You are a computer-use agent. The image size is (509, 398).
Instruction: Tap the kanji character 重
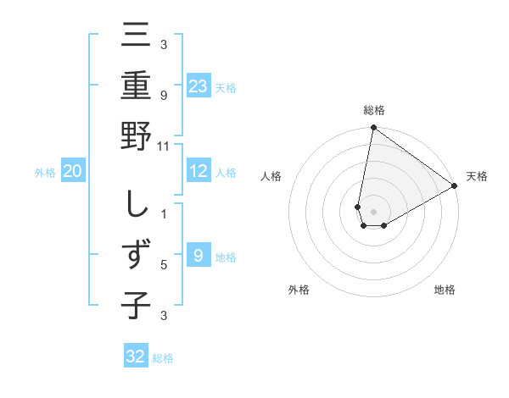tap(136, 87)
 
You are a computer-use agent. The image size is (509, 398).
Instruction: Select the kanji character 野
tap(136, 138)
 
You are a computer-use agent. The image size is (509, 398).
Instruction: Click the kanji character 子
tap(136, 306)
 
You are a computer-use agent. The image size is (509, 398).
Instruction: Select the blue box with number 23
tap(199, 86)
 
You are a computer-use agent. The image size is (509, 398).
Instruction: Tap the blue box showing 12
tap(199, 171)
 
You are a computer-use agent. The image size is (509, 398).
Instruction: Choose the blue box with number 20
tap(72, 172)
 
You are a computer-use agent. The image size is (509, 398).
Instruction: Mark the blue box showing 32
tap(136, 357)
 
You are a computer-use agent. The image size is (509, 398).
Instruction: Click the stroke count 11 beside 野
tap(165, 146)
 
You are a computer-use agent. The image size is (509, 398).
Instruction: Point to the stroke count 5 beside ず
tap(165, 265)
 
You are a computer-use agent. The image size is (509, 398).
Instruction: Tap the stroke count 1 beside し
tap(165, 213)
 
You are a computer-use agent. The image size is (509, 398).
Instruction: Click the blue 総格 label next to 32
tap(163, 358)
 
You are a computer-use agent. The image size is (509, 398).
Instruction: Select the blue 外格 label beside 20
tap(45, 173)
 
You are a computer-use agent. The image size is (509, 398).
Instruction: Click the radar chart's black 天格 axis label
tap(477, 176)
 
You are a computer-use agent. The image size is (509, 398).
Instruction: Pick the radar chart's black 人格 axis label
tap(271, 176)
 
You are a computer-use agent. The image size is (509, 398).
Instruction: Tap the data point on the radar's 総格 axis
tap(373, 128)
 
